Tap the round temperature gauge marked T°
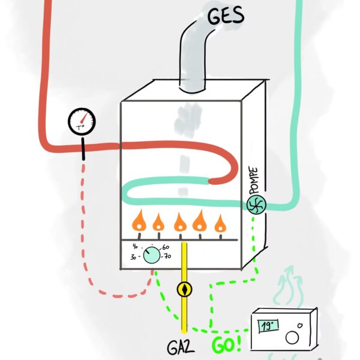point(82,122)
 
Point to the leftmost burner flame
point(139,222)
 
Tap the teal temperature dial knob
point(152,256)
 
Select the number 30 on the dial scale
point(134,257)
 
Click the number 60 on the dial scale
point(166,247)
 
